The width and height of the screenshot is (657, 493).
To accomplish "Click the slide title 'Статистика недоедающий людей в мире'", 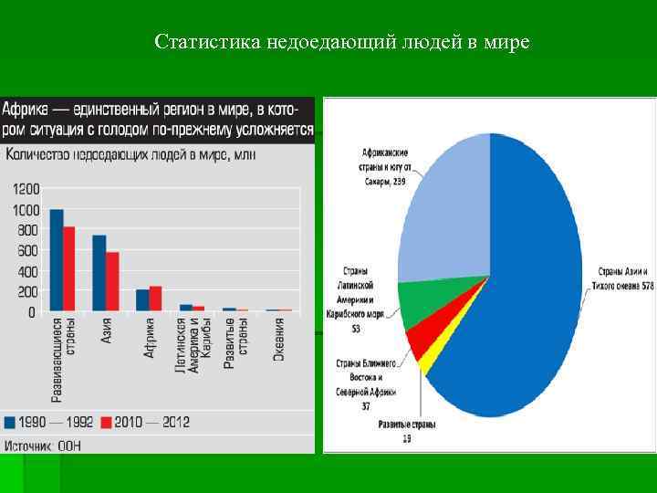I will [342, 42].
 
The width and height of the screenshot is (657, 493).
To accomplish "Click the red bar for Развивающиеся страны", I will [69, 269].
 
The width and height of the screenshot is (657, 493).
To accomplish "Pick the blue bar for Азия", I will [99, 274].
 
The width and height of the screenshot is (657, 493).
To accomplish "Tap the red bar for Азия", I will [112, 282].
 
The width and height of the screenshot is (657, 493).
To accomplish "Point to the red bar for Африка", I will [155, 299].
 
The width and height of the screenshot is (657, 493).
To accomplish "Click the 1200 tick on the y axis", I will [26, 189].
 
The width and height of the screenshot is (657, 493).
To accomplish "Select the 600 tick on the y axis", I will [26, 251].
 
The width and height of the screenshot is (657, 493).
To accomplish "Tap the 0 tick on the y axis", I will [32, 312].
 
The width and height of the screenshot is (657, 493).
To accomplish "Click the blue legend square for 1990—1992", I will [10, 423].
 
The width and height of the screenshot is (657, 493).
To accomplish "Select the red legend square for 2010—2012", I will [105, 423].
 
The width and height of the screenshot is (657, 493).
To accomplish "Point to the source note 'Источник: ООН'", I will [43, 445].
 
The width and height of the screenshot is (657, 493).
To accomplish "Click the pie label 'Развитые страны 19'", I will [407, 432].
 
